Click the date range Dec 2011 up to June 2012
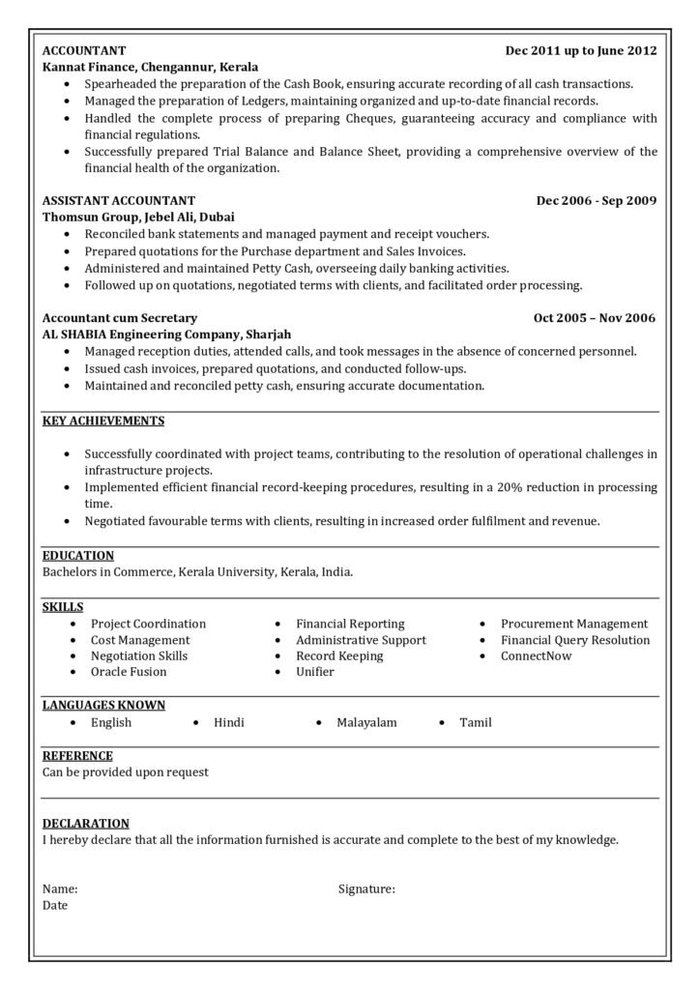580,49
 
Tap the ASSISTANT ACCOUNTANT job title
119,200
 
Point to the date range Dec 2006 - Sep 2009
597,200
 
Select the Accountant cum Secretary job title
120,317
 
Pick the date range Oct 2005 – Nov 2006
595,317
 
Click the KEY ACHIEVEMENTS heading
103,421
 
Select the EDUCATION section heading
78,555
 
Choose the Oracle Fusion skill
129,671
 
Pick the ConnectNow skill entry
536,655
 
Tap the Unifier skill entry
315,671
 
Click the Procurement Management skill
574,624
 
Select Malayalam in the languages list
366,722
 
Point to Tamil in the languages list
476,722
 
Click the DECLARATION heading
86,823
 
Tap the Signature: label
366,888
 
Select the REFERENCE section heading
77,755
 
